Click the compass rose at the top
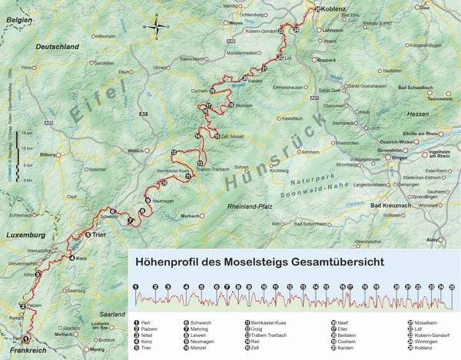tap(157, 28)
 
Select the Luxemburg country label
tap(25, 234)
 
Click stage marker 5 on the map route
tap(88, 235)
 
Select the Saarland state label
tap(111, 315)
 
